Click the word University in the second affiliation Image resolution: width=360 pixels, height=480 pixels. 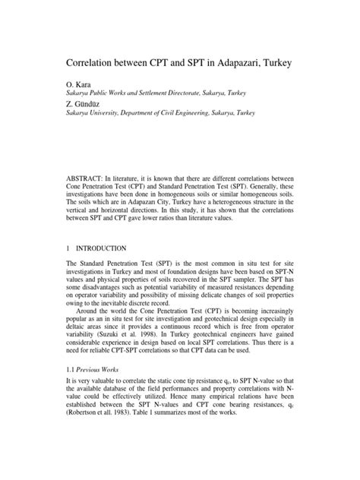coord(104,112)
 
